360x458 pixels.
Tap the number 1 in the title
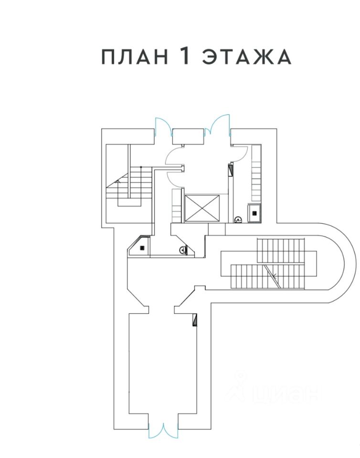point(185,56)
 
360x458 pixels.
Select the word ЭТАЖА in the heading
point(246,57)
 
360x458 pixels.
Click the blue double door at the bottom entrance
point(163,431)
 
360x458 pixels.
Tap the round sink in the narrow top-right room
point(238,219)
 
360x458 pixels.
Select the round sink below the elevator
point(182,249)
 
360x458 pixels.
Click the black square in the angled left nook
point(143,248)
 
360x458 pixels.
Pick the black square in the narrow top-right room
point(254,213)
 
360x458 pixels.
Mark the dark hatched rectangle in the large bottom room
point(195,320)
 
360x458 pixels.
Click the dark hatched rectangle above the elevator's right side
point(231,170)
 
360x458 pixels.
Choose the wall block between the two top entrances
point(188,136)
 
